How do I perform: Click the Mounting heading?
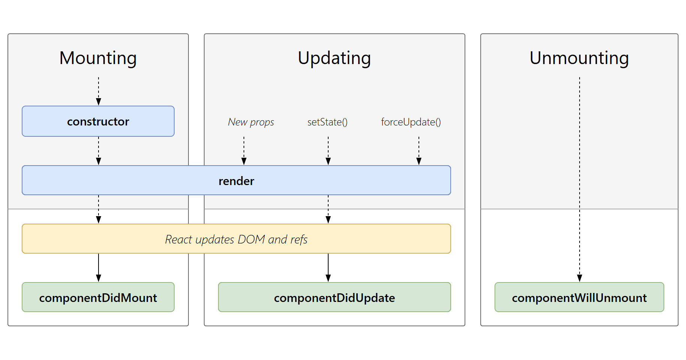pyautogui.click(x=98, y=58)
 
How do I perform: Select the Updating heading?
pyautogui.click(x=334, y=58)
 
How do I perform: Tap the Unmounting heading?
pyautogui.click(x=579, y=58)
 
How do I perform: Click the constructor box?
pyautogui.click(x=98, y=121)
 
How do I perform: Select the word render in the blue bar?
pyautogui.click(x=236, y=181)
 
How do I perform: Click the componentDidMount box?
pyautogui.click(x=98, y=297)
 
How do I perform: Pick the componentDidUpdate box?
pyautogui.click(x=334, y=297)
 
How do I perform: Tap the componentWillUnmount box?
pyautogui.click(x=579, y=297)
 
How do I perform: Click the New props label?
pyautogui.click(x=251, y=122)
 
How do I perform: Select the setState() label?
pyautogui.click(x=327, y=122)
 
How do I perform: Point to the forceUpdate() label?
pyautogui.click(x=411, y=122)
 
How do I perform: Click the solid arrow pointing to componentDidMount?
pyautogui.click(x=99, y=267)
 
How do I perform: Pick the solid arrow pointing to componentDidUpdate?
pyautogui.click(x=328, y=267)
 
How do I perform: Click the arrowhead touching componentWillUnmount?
pyautogui.click(x=580, y=278)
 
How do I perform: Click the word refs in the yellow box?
pyautogui.click(x=299, y=239)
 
